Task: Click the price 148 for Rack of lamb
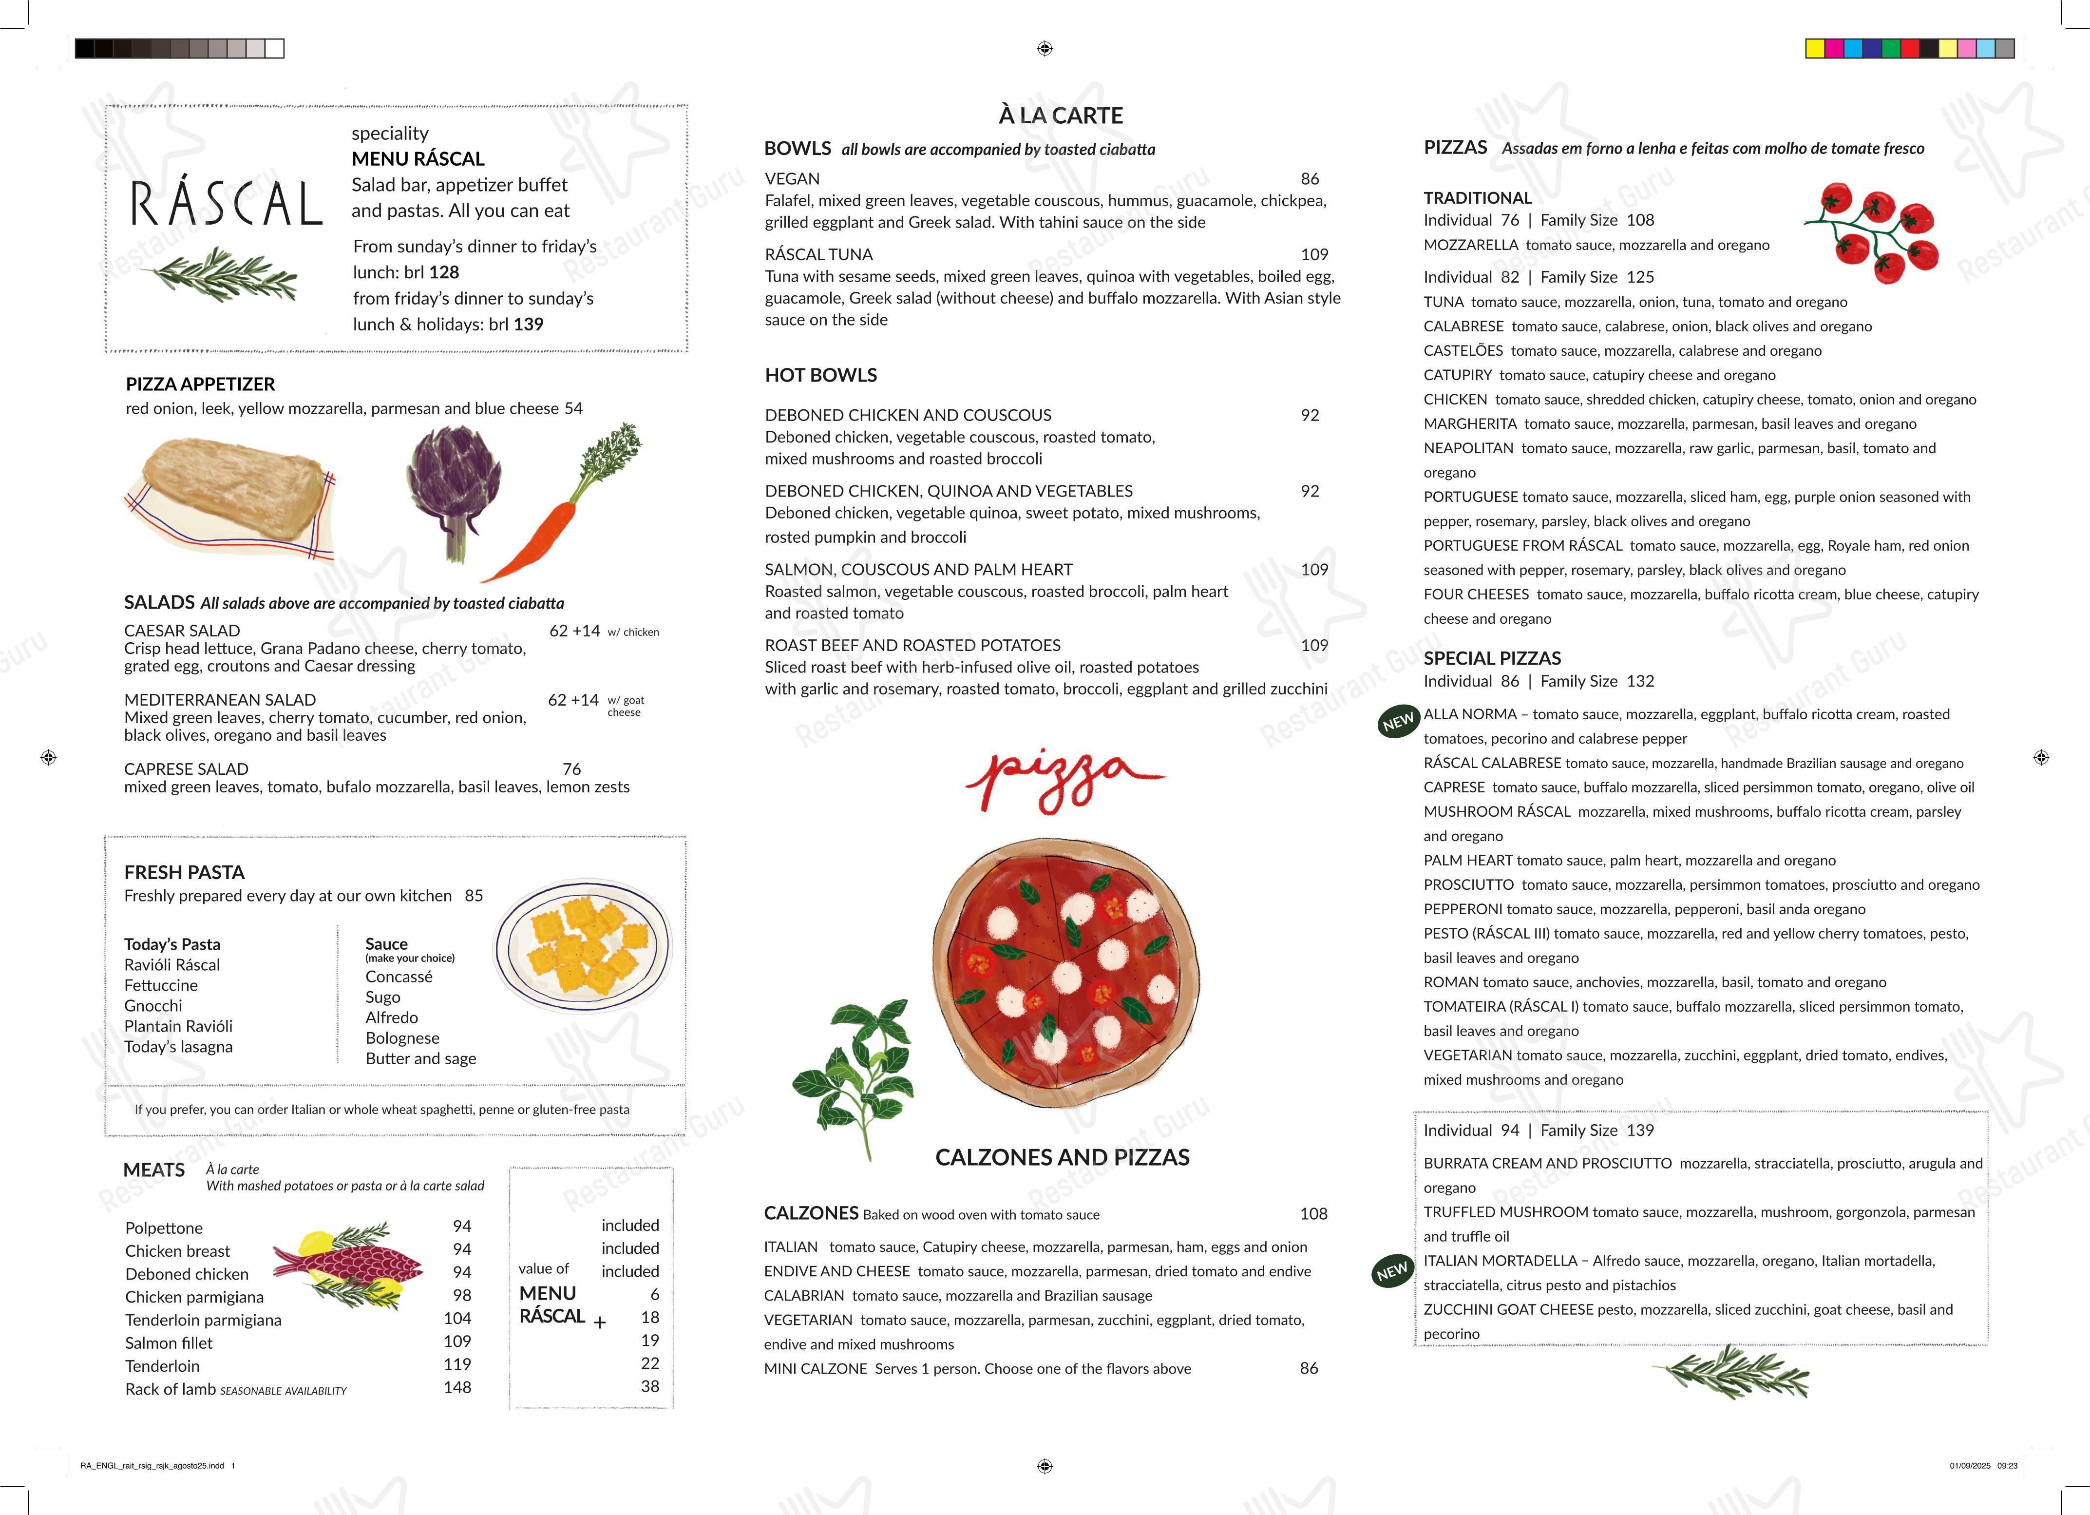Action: (x=457, y=1387)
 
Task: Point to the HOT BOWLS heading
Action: (x=820, y=375)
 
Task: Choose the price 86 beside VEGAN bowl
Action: (x=1310, y=179)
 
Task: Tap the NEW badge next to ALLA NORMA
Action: (x=1397, y=722)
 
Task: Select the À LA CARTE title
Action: (x=1061, y=115)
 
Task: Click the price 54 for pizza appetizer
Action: (x=573, y=408)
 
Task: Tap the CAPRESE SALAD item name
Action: (x=186, y=768)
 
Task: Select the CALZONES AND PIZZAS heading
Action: (x=1062, y=1157)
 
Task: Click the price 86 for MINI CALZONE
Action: (x=1309, y=1368)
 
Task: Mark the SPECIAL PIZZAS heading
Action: (x=1492, y=658)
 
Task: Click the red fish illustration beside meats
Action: (x=350, y=1263)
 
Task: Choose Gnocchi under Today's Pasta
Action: (x=153, y=1005)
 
